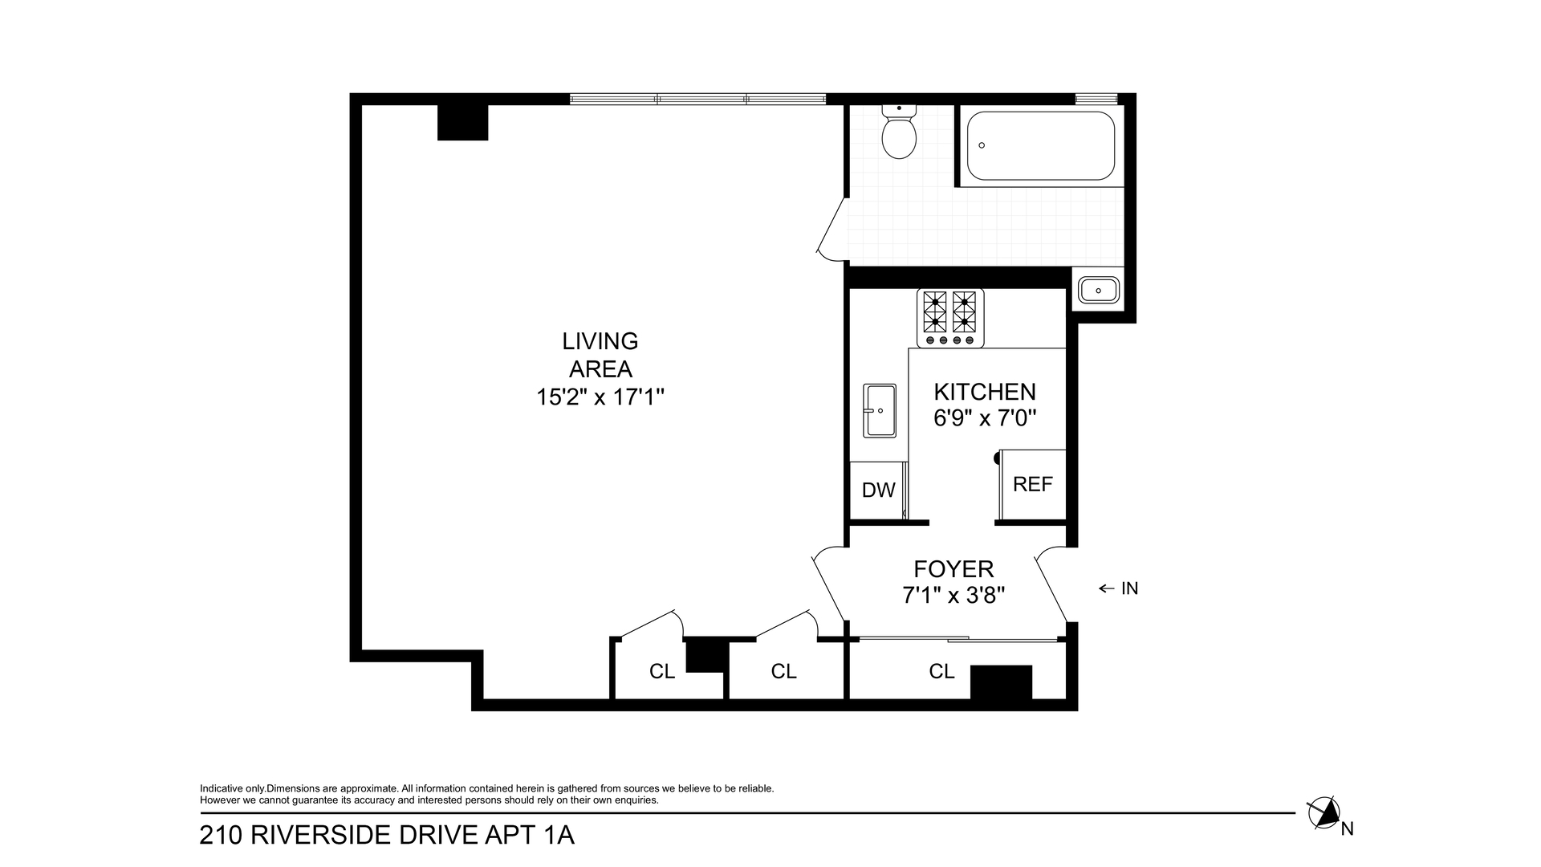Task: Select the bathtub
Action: coord(1040,145)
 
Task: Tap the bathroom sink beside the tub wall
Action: coord(1099,289)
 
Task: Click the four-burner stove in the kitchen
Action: coord(950,319)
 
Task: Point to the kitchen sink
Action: coord(880,410)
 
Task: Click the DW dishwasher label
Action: coord(878,490)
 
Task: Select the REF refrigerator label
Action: coord(1032,484)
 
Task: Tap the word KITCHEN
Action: coord(985,392)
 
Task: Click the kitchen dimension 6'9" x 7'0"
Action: coord(985,418)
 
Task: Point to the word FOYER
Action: coord(953,569)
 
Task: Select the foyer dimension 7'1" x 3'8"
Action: coord(953,596)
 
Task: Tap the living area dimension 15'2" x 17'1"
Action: coord(600,397)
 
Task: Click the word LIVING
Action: coord(600,341)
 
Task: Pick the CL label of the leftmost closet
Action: coord(662,671)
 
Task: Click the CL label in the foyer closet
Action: coord(941,670)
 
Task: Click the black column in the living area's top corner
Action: coord(463,122)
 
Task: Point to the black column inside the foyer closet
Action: coord(1001,682)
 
